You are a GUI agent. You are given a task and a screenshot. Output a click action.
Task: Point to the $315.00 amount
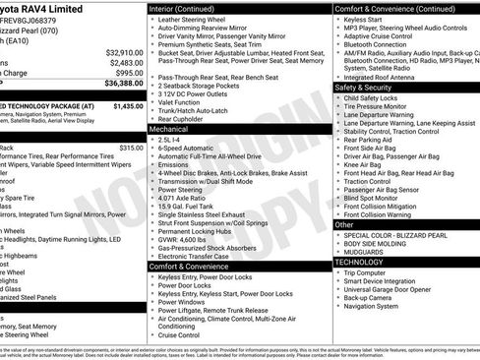point(130,148)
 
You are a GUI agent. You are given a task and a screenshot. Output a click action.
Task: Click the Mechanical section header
point(168,129)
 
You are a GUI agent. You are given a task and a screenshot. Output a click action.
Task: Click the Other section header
point(344,224)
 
